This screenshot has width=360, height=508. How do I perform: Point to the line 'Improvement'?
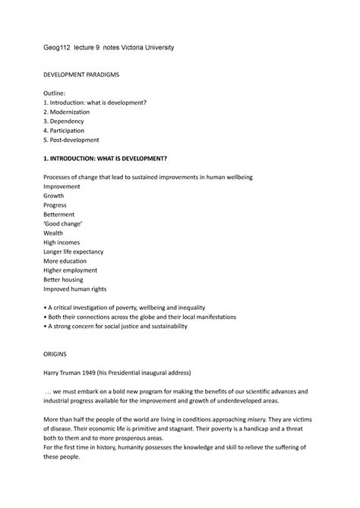(x=65, y=186)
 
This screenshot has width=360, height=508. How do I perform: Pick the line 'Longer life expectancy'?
(x=78, y=251)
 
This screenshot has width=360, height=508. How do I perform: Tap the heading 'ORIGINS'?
(x=58, y=355)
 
